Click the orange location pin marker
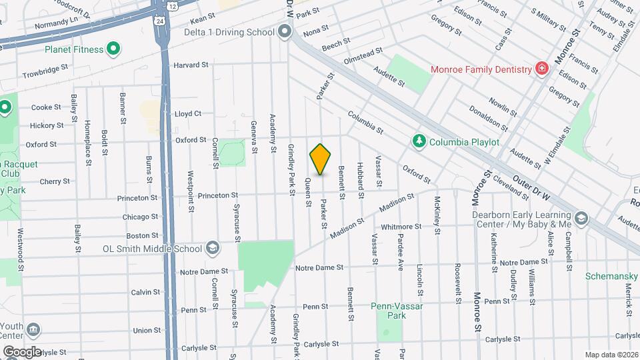(320, 159)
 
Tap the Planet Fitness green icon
(113, 49)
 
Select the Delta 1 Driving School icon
(285, 31)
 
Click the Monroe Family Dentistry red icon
(543, 69)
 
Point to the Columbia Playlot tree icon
(419, 141)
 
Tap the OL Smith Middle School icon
(213, 249)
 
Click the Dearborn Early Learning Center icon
(582, 219)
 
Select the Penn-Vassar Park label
(388, 311)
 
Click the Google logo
(22, 351)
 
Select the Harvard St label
(191, 65)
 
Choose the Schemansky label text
(612, 275)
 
